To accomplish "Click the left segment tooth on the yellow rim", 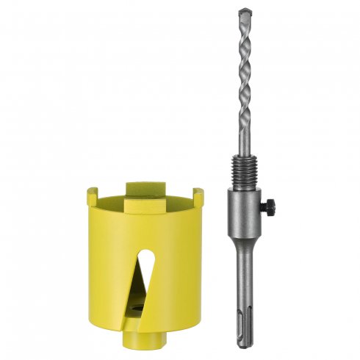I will click(x=93, y=195).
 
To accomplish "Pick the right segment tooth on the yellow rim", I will click(x=198, y=196).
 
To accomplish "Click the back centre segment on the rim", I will click(x=144, y=187).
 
